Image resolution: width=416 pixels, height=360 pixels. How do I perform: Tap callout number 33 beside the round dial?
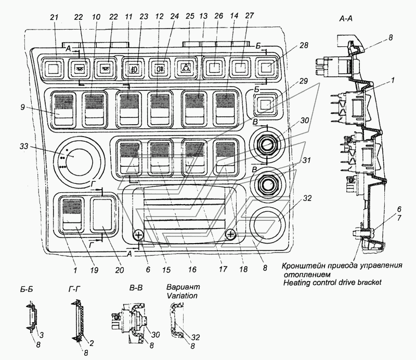[24, 146]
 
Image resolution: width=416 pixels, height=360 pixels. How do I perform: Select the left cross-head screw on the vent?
[139, 235]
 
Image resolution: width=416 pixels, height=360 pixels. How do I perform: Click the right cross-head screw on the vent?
[230, 234]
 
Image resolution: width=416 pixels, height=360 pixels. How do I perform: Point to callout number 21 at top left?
[54, 17]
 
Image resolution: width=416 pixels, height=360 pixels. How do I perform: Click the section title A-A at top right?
[346, 19]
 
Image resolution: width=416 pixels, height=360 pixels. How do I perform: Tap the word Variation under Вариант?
[182, 295]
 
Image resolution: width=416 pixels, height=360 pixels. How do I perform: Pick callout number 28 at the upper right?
[304, 45]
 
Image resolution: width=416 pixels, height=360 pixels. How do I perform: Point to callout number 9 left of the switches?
[23, 107]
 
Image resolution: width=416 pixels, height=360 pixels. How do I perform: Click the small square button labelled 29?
[264, 104]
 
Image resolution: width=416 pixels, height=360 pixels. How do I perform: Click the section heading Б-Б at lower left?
[27, 289]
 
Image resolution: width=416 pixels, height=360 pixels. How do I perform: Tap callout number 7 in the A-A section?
[399, 218]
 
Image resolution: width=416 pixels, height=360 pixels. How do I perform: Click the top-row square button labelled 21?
[53, 69]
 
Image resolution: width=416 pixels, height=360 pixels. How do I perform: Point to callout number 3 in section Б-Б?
[42, 335]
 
